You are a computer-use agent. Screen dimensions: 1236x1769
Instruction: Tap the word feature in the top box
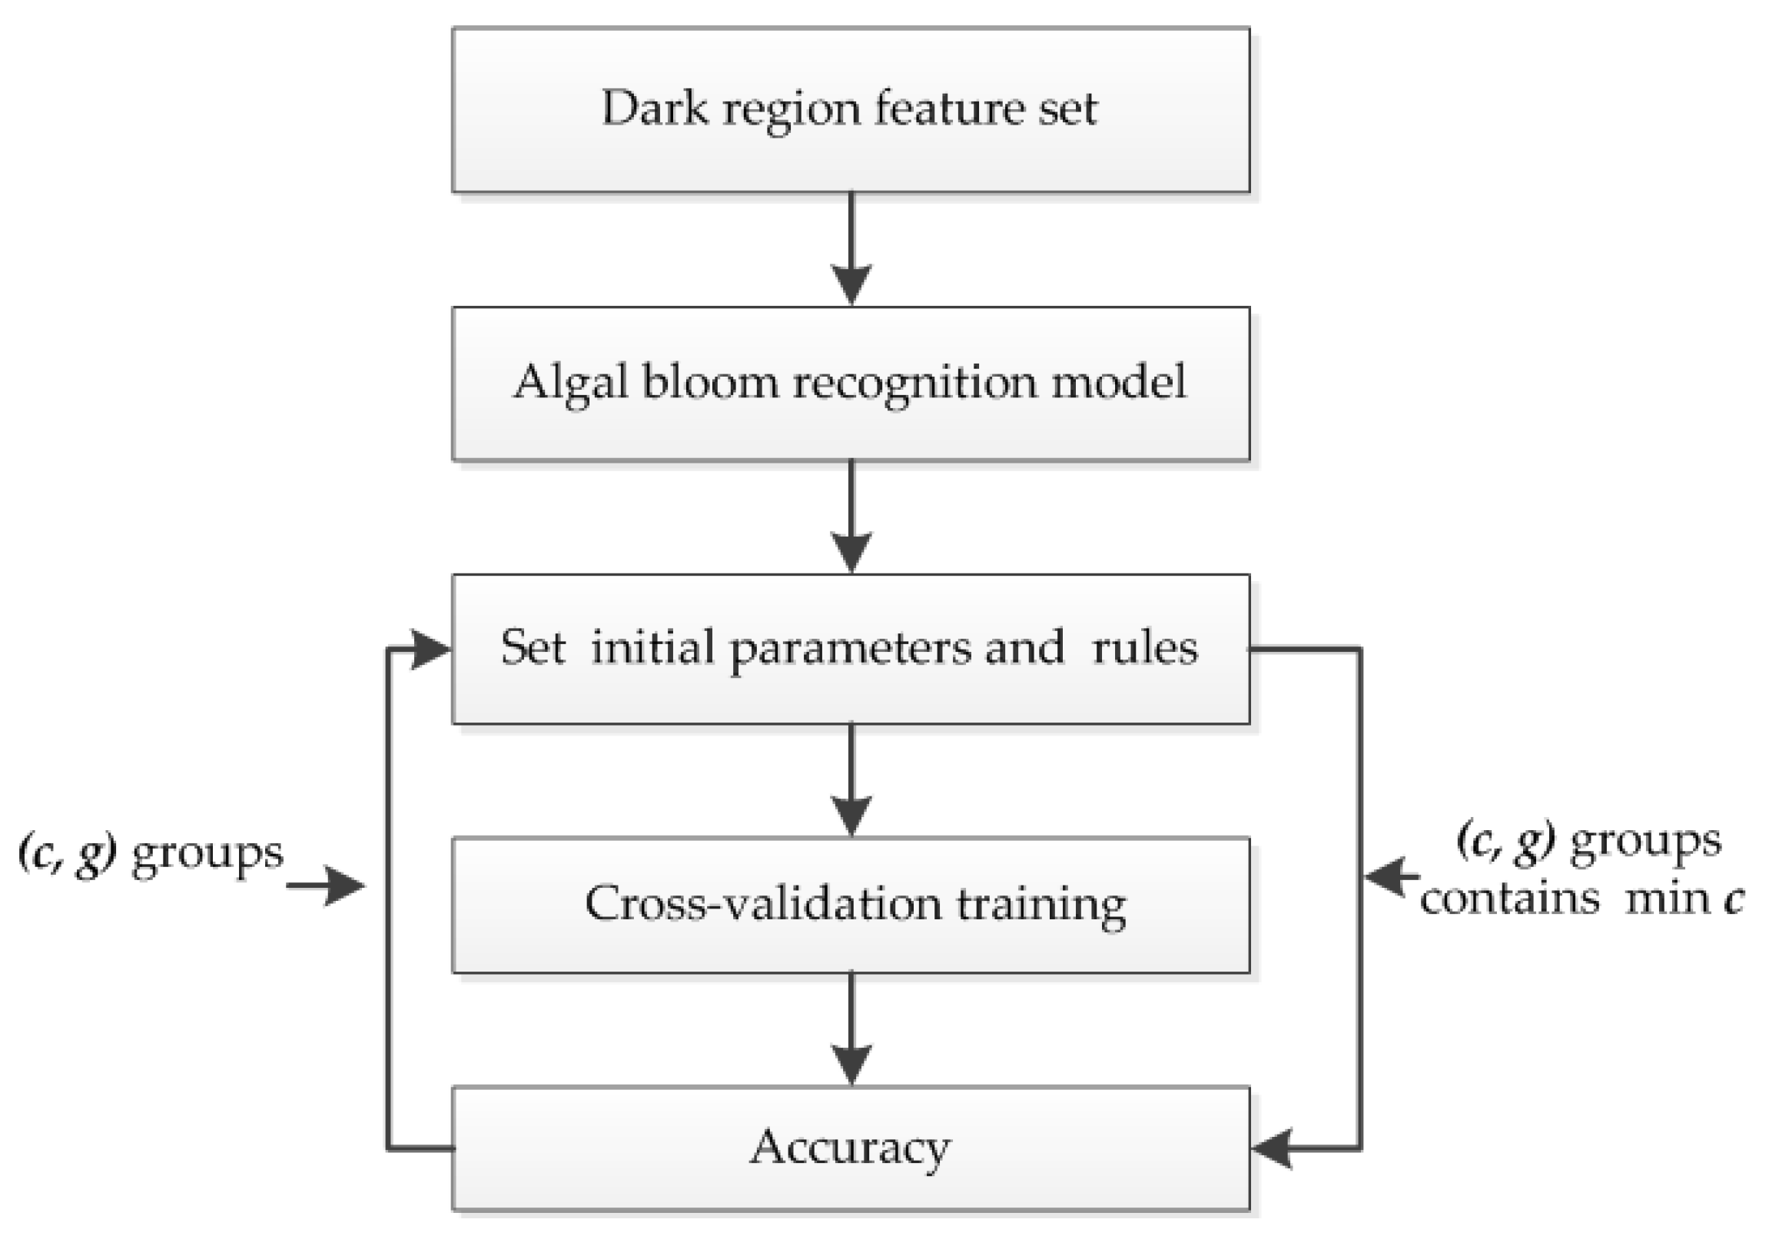coord(948,108)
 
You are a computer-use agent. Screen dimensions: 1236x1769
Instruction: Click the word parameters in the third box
coord(851,648)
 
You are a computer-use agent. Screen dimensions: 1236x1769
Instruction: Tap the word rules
coord(1146,647)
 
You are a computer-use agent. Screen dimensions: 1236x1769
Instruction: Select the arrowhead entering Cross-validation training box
coord(851,815)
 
